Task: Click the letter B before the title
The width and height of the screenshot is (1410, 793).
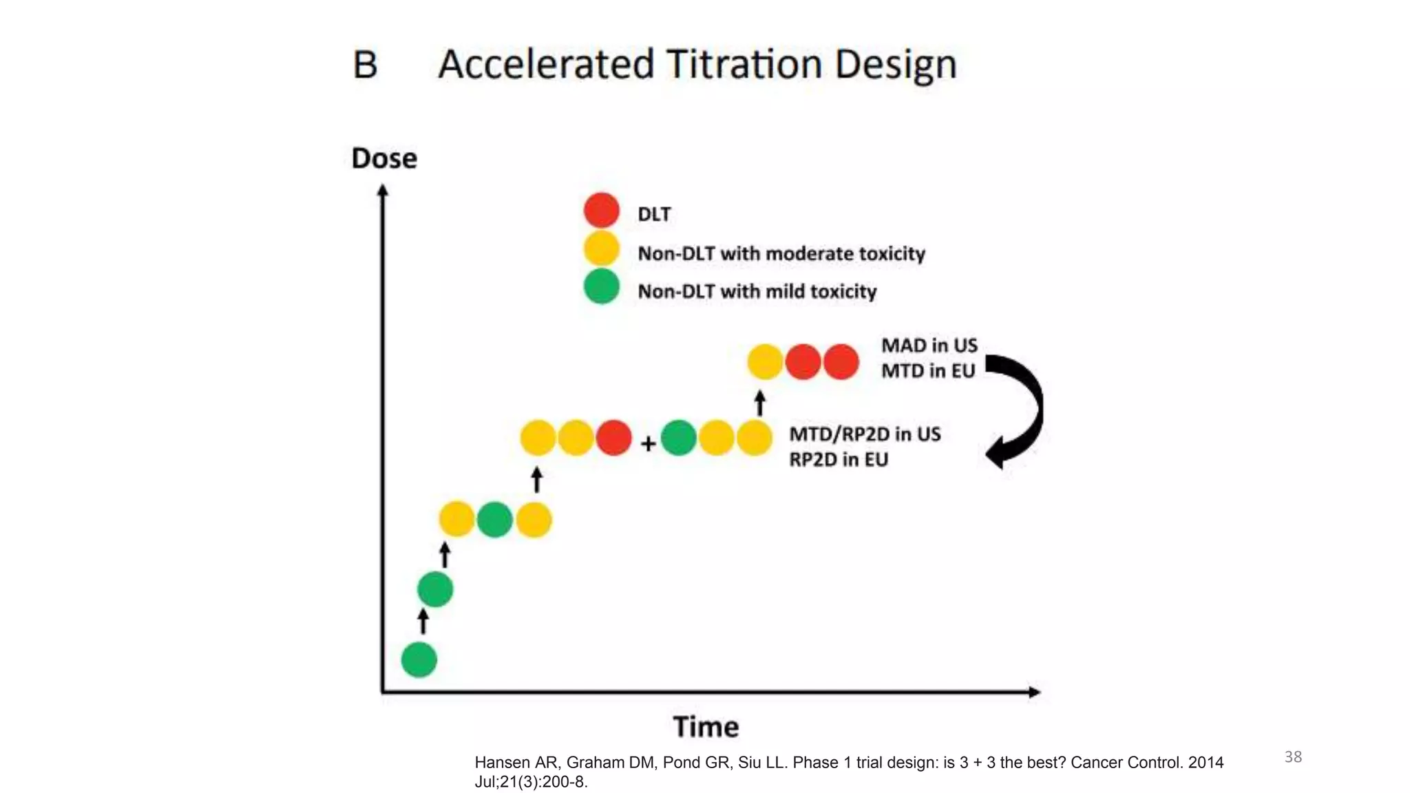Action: pos(365,65)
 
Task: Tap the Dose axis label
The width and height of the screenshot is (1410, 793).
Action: pos(384,158)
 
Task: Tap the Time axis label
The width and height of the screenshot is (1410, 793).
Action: pos(706,727)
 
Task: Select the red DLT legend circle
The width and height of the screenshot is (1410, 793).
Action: pos(601,211)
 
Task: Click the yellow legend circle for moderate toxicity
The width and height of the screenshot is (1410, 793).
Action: pos(601,249)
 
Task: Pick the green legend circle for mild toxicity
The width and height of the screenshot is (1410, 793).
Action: pos(601,287)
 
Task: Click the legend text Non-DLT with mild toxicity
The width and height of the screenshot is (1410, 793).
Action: pos(757,291)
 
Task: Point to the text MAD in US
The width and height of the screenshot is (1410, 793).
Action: pos(929,345)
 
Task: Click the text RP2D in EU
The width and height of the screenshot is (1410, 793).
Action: pos(838,459)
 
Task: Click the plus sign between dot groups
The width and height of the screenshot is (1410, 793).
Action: pos(647,444)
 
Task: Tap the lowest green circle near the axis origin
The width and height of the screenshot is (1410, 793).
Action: pos(419,659)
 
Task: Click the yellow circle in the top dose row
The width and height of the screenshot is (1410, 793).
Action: pos(765,362)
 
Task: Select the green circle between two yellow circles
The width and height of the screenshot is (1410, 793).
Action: pos(494,520)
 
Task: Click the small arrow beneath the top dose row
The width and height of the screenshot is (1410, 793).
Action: pos(759,403)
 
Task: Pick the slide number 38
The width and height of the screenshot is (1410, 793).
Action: pos(1292,757)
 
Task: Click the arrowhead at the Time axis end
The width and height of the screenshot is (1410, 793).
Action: pos(1033,692)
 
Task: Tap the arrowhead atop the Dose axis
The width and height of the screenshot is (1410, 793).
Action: pos(383,191)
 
